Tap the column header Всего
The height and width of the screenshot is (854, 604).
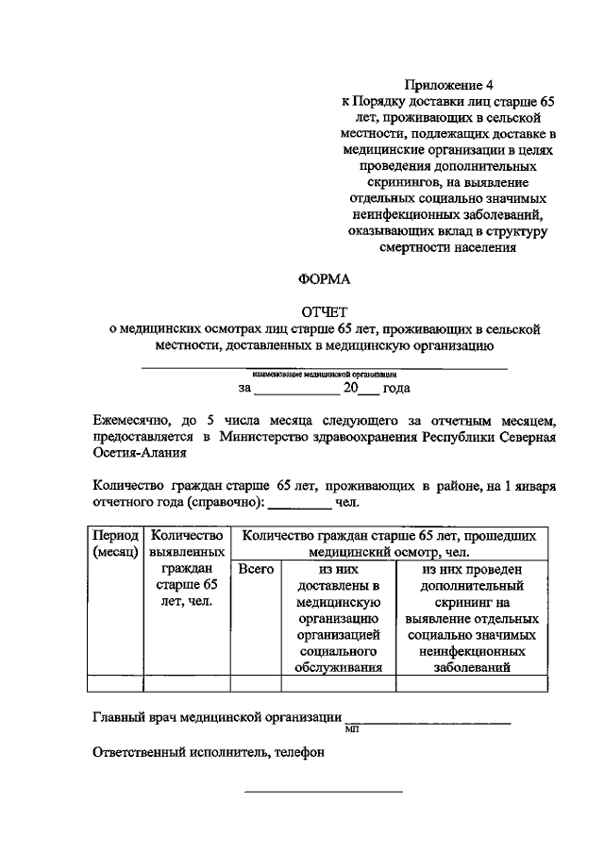pyautogui.click(x=256, y=570)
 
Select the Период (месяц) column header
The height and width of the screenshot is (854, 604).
pyautogui.click(x=115, y=544)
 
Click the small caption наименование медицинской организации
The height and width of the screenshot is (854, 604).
pyautogui.click(x=324, y=374)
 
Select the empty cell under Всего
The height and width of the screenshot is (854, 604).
pyautogui.click(x=256, y=684)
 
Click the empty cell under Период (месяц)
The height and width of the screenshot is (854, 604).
pyautogui.click(x=115, y=684)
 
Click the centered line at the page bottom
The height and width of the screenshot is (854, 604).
pyautogui.click(x=324, y=791)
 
